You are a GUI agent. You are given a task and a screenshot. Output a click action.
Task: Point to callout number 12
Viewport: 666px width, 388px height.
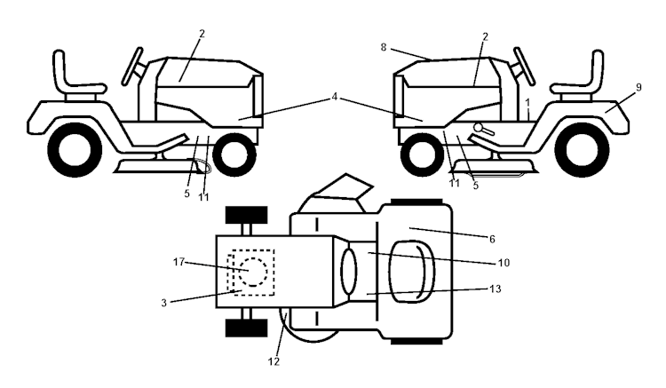pos(274,361)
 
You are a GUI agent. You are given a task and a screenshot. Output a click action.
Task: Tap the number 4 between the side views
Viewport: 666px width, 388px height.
pos(334,95)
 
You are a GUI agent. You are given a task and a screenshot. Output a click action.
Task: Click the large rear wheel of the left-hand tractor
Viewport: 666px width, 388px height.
pos(67,150)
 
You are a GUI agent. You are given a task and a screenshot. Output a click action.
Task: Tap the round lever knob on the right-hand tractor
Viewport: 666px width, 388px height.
pos(479,129)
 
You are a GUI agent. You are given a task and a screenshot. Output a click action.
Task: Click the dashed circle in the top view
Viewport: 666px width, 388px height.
pos(252,269)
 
